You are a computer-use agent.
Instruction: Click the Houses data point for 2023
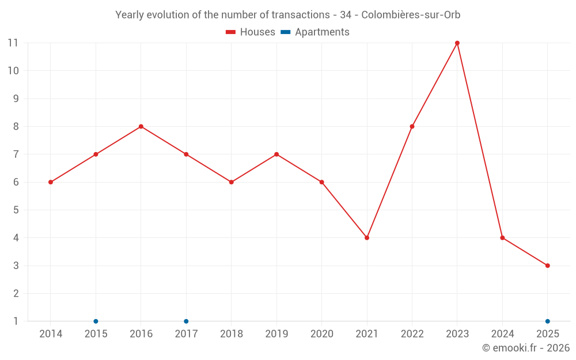click(x=457, y=43)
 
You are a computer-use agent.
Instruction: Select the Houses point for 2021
click(x=367, y=238)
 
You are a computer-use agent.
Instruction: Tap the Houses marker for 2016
click(x=141, y=127)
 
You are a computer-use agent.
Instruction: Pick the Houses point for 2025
click(x=548, y=266)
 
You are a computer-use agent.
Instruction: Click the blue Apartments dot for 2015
click(x=96, y=321)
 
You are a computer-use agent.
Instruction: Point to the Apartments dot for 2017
click(x=186, y=321)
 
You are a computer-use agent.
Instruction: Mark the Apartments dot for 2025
click(x=548, y=321)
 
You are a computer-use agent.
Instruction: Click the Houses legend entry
click(x=251, y=32)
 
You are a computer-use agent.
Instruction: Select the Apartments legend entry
click(x=315, y=32)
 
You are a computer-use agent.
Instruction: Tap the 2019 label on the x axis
click(x=276, y=334)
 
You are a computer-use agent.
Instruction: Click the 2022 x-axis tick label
click(x=412, y=334)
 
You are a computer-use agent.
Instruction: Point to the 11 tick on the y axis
click(x=13, y=43)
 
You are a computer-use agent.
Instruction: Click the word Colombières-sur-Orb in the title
click(x=411, y=15)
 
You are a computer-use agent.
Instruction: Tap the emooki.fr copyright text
click(x=526, y=348)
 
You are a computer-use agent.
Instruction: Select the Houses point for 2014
click(x=51, y=182)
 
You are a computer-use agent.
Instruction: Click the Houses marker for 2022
click(x=412, y=127)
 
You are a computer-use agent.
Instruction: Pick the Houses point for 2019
click(x=276, y=154)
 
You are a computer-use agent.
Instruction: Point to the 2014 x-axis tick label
click(x=51, y=334)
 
